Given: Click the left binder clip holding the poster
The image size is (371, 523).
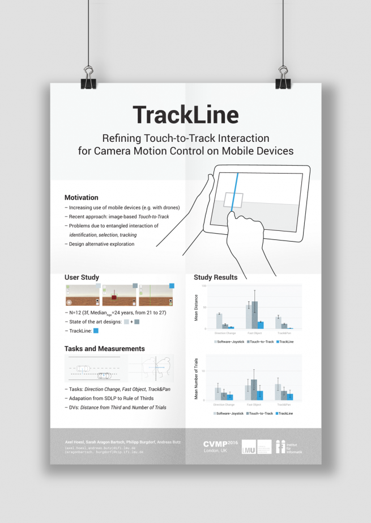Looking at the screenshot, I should pos(89,78).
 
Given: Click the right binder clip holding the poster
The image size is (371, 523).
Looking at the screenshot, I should pos(282,78).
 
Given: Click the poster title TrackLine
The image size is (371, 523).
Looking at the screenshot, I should pos(185,115).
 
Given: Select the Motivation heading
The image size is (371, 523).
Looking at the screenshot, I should pos(82,198).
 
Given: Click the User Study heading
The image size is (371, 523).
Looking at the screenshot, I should pos(82,277).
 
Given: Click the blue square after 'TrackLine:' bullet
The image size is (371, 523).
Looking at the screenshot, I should pos(96,331).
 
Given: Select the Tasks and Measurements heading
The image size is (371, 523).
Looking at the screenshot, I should pos(105,349).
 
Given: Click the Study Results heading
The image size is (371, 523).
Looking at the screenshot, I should pos(215,277).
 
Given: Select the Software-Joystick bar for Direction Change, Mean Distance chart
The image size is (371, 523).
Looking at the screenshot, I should pos(219,321).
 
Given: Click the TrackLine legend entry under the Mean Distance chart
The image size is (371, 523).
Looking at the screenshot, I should pos(285,341).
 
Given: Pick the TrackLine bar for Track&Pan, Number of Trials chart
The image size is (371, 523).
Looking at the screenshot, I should pos(290,397).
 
